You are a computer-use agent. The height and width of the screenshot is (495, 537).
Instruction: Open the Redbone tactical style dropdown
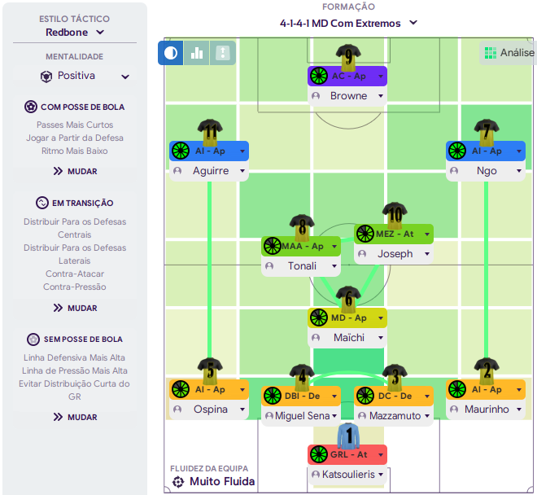click(75, 33)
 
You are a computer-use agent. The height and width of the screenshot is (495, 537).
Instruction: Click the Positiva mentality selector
click(75, 76)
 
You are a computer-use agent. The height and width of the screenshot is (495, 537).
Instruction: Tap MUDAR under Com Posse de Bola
click(75, 171)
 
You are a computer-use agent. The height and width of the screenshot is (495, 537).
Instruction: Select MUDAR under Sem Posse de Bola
click(75, 417)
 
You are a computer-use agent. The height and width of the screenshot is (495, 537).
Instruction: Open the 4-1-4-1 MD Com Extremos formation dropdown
click(348, 24)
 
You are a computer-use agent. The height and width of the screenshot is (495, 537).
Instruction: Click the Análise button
click(509, 52)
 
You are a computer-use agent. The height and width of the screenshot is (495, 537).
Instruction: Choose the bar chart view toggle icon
click(197, 53)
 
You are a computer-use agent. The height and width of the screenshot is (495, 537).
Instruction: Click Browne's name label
click(347, 96)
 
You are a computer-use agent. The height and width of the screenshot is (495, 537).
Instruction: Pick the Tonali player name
click(301, 266)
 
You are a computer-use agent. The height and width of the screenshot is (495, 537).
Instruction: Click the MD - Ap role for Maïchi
click(347, 318)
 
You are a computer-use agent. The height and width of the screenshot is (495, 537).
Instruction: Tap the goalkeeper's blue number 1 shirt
click(348, 436)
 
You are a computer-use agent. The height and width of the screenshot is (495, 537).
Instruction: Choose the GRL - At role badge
click(347, 454)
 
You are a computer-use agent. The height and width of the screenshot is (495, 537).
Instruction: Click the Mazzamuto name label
click(394, 416)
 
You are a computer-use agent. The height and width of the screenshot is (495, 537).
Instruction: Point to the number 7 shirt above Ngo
click(487, 131)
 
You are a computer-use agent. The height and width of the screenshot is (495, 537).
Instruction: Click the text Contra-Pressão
click(75, 287)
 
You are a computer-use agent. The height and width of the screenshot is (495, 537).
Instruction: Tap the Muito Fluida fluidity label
click(222, 481)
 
